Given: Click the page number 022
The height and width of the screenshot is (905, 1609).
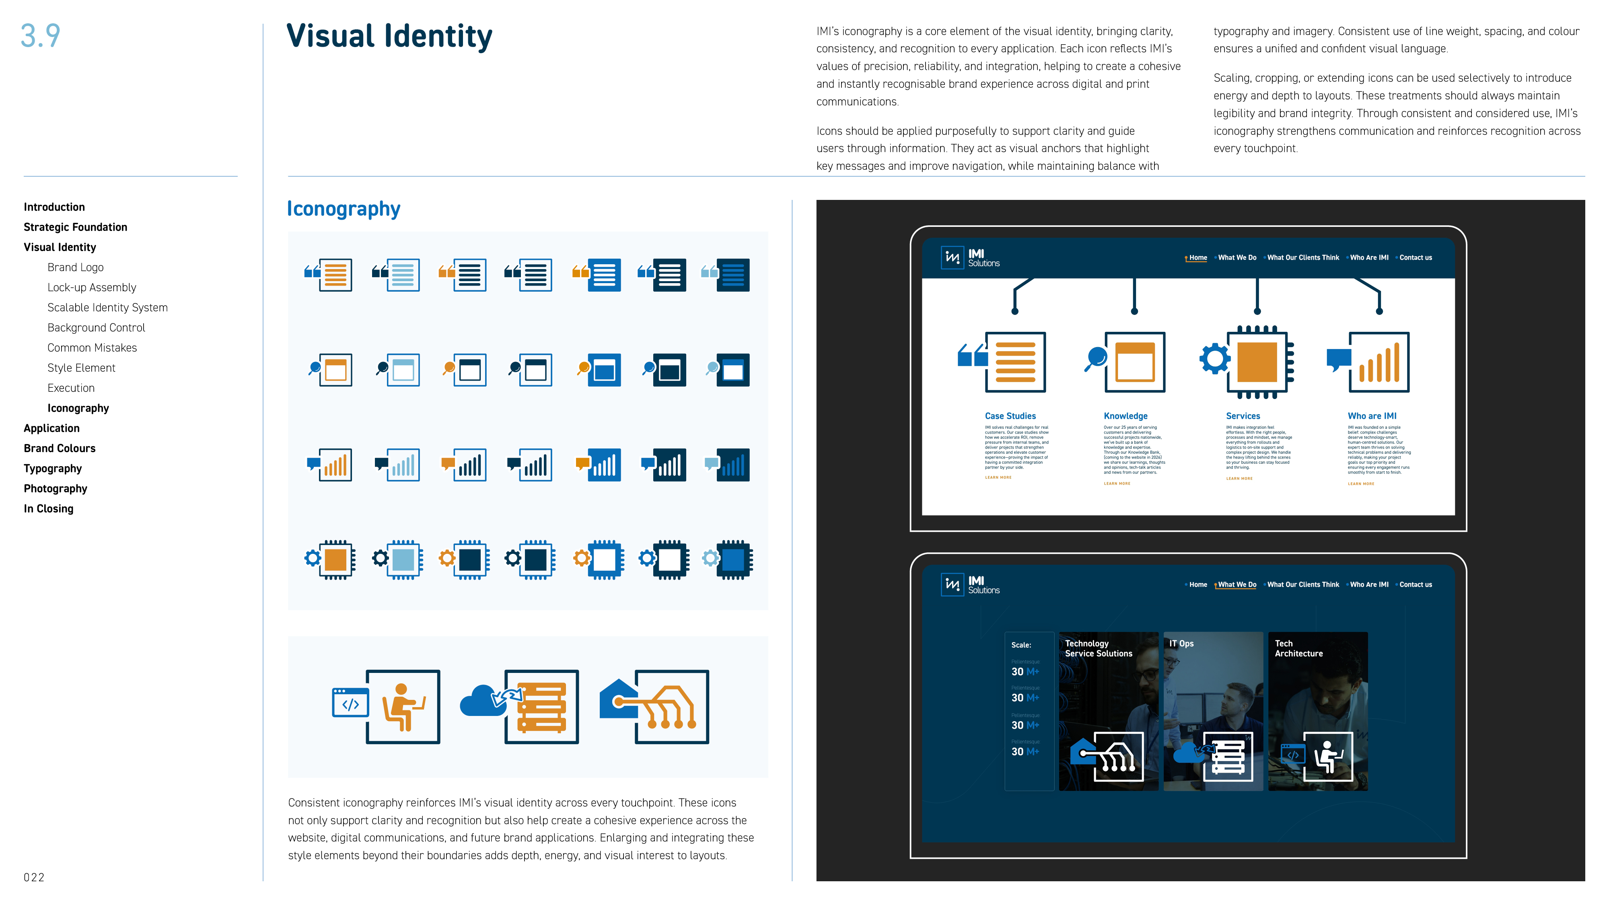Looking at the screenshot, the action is [x=34, y=877].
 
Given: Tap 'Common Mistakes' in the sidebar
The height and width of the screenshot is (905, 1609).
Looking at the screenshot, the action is [x=92, y=348].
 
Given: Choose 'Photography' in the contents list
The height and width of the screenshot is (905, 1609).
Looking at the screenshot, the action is [x=55, y=488].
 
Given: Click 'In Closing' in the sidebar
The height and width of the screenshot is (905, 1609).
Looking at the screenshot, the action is [x=48, y=508].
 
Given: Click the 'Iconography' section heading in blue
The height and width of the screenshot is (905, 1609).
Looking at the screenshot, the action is [x=343, y=209].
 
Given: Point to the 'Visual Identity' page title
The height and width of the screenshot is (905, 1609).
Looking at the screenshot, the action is [x=389, y=36].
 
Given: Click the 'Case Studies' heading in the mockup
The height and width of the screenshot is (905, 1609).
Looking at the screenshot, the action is [x=1010, y=416].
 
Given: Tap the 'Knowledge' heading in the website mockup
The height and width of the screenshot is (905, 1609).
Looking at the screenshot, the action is [x=1125, y=416].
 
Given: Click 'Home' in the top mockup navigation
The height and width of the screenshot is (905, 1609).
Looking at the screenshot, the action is [x=1197, y=257].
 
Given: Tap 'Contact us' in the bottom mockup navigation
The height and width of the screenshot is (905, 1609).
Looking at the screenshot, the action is [x=1416, y=584].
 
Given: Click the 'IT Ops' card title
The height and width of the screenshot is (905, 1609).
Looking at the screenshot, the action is [x=1181, y=643].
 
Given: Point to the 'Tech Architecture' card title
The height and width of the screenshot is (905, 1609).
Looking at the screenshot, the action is [x=1298, y=648].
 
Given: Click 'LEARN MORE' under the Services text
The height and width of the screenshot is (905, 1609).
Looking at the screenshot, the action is [x=1239, y=478].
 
